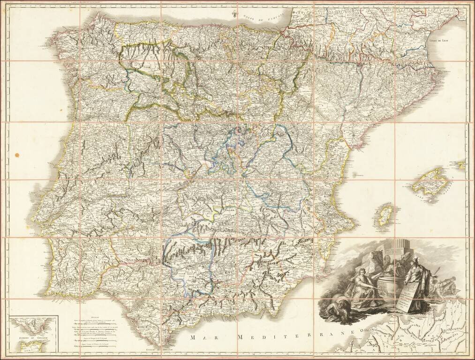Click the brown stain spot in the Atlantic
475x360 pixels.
(17, 154)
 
